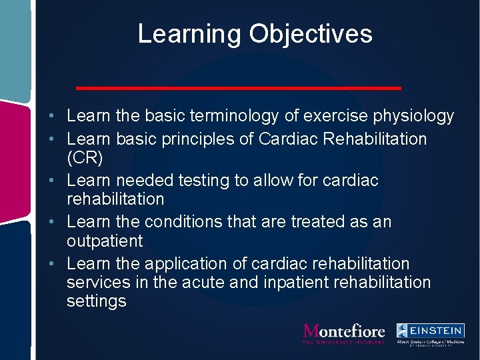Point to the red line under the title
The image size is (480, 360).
click(x=239, y=88)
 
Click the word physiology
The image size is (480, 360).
click(x=411, y=117)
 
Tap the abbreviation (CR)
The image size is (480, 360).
click(x=85, y=158)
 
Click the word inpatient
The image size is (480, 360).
click(x=289, y=283)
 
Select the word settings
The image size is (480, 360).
click(x=97, y=301)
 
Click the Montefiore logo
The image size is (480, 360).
click(x=344, y=333)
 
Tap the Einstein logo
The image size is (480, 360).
click(x=430, y=334)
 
